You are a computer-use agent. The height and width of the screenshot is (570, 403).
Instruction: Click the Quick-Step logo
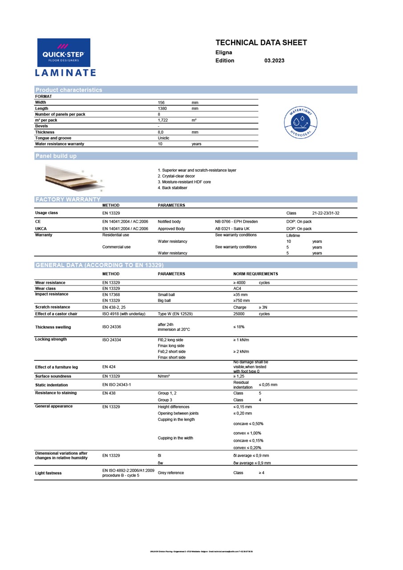64,53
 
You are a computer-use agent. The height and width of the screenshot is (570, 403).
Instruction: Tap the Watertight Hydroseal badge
301,122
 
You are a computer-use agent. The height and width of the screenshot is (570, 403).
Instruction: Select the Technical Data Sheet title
261,43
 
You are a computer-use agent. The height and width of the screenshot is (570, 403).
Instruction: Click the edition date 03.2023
274,61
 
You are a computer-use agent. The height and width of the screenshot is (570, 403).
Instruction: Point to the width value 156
161,102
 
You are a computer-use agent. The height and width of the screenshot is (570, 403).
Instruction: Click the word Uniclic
163,138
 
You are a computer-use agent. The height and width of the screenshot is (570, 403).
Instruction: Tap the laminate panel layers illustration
73,177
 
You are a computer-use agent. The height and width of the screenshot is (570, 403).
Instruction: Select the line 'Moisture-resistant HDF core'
184,182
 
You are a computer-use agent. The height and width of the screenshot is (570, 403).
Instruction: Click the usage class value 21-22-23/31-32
326,213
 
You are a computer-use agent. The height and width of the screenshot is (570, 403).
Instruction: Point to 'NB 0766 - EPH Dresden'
236,221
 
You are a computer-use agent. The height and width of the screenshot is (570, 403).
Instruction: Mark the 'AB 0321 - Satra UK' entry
232,229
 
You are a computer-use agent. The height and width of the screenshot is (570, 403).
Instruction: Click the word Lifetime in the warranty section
293,236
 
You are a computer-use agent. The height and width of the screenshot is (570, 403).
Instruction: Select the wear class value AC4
237,289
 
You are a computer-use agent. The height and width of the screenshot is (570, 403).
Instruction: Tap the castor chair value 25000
239,314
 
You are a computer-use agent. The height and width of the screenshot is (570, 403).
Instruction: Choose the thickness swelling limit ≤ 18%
239,327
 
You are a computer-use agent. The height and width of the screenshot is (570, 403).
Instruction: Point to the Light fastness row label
49,473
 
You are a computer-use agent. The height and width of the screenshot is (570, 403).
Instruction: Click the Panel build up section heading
56,156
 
